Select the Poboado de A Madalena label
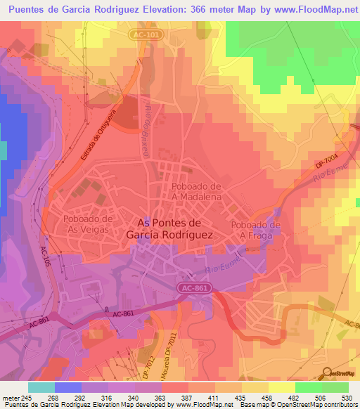[x=196, y=192]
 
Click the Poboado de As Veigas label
[x=87, y=224]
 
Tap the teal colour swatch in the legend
[x=41, y=387]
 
